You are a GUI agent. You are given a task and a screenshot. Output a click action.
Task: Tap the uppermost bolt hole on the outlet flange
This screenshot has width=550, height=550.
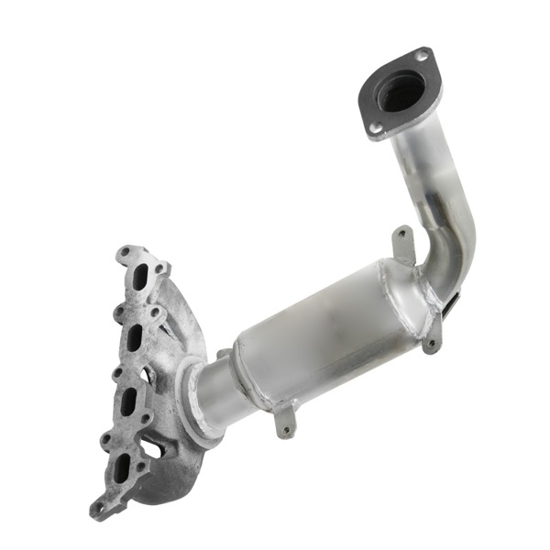[x=421, y=57]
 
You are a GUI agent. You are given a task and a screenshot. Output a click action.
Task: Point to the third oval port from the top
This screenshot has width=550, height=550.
[x=128, y=399]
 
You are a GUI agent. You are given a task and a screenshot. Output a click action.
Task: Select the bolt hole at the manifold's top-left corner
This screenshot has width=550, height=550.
[x=126, y=253]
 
